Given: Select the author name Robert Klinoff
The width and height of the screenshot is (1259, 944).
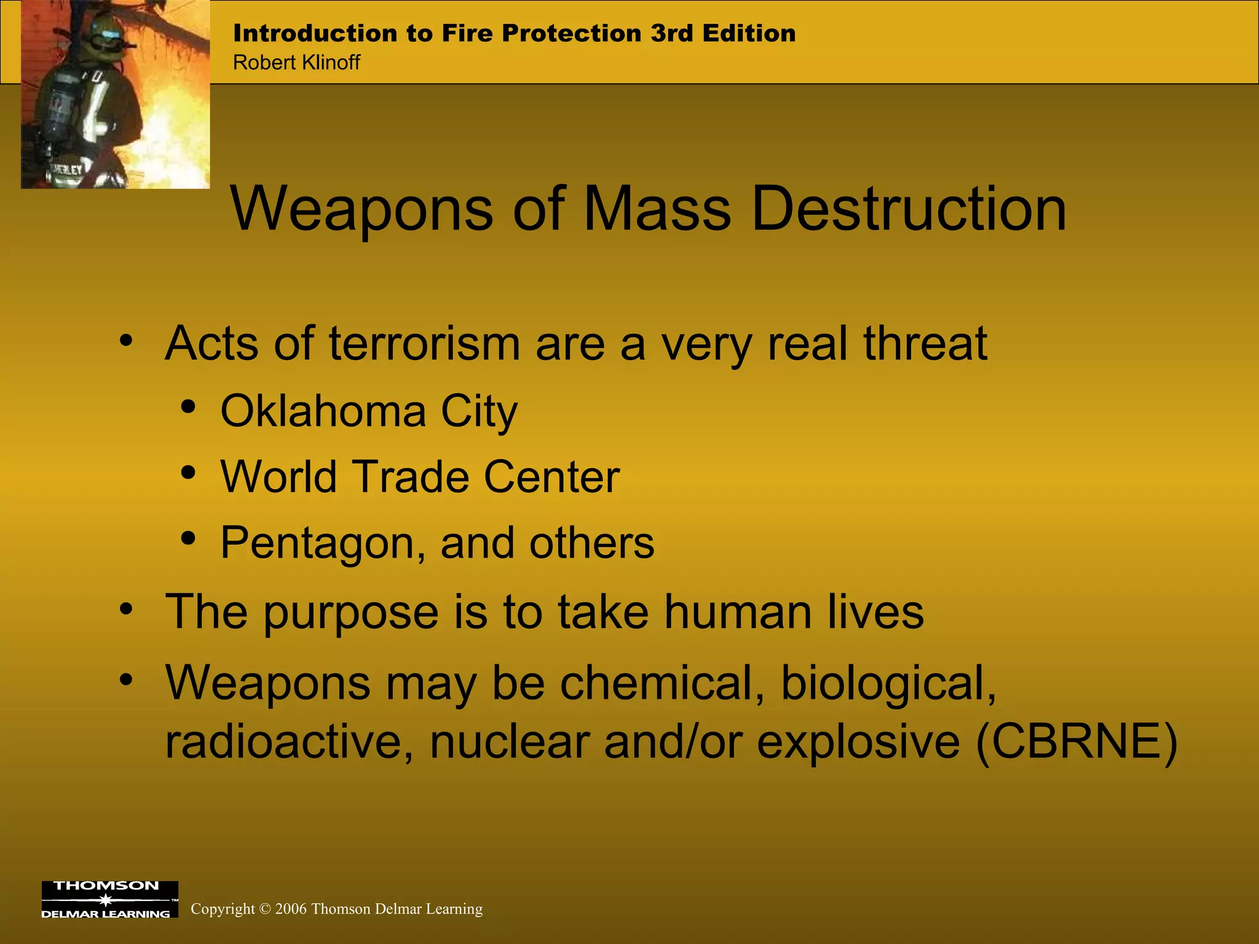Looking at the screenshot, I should click(296, 63).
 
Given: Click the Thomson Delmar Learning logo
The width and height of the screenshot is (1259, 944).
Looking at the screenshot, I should click(109, 899).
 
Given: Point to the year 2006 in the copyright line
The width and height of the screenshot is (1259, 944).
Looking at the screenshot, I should click(291, 909).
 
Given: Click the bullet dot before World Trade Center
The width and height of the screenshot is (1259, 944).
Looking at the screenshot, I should click(188, 473).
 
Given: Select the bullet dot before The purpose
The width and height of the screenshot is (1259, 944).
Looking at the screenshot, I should click(127, 608).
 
